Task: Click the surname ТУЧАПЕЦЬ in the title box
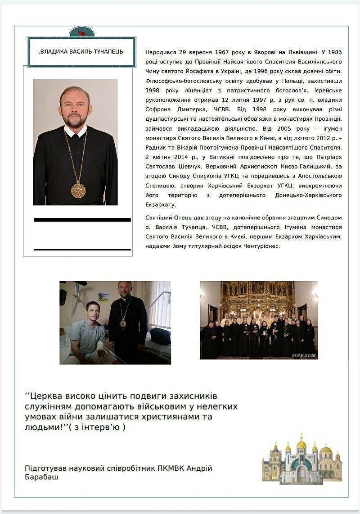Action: (106, 51)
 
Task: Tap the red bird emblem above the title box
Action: (81, 32)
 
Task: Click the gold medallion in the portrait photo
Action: (78, 190)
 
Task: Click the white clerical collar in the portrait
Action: (75, 132)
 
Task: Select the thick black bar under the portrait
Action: (82, 220)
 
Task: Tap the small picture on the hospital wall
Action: (103, 297)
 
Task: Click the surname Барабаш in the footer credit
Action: (41, 477)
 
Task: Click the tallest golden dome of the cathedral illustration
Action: (301, 444)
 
